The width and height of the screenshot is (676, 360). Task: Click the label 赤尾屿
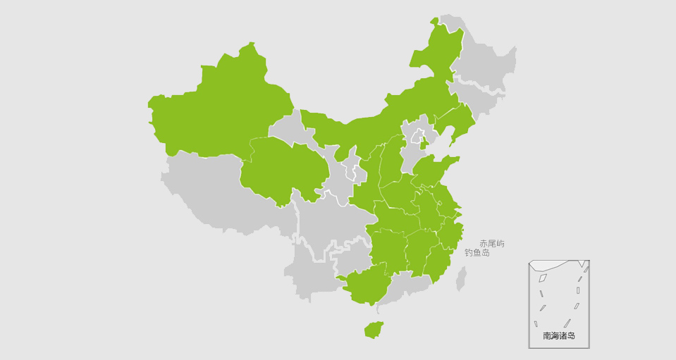491,244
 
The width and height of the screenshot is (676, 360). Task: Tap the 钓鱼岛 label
477,252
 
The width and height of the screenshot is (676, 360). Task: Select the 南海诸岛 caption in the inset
558,336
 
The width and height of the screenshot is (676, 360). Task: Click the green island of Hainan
373,329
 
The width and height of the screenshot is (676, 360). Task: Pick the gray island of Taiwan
461,279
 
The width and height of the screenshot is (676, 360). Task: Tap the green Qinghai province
282,169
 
